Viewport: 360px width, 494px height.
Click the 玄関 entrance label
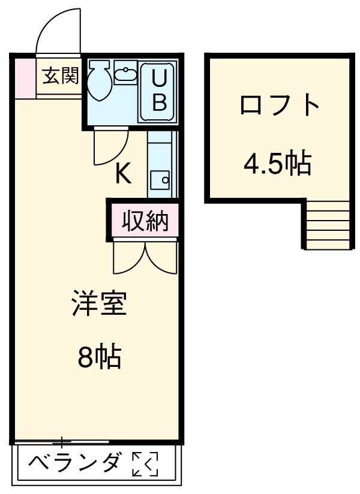[x=61, y=76]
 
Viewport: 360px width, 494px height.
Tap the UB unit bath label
[x=158, y=91]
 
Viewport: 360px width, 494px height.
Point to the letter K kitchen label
[x=122, y=174]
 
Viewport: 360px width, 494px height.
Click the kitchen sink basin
[x=160, y=178]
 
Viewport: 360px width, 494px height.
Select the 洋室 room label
[x=99, y=304]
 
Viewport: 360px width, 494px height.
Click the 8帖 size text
[x=99, y=358]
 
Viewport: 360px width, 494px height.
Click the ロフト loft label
[x=278, y=106]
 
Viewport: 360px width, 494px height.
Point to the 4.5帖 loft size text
[x=277, y=162]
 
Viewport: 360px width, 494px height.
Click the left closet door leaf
[x=128, y=258]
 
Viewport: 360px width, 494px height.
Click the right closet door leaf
[x=163, y=258]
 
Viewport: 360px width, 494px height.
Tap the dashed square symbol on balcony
[x=145, y=464]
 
